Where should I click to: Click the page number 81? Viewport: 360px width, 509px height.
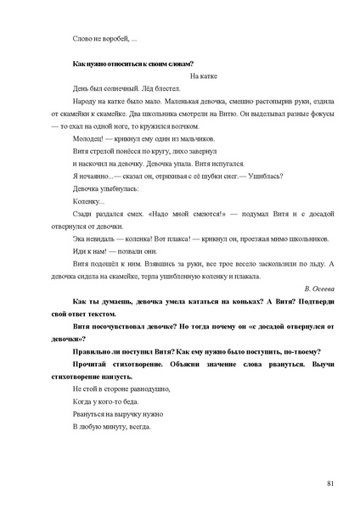[329, 483]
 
